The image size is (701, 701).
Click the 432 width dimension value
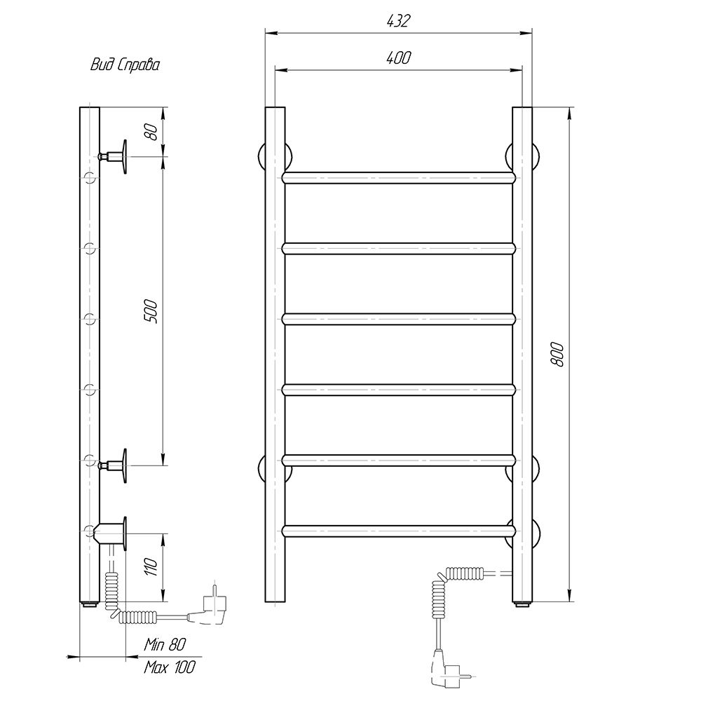(x=398, y=21)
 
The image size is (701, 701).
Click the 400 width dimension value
(x=398, y=57)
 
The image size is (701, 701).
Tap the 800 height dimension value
(x=557, y=355)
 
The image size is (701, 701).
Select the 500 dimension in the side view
(x=151, y=312)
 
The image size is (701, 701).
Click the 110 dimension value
(x=151, y=567)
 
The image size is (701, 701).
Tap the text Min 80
(x=165, y=644)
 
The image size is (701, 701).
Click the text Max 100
(x=170, y=667)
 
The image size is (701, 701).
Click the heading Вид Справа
(x=125, y=65)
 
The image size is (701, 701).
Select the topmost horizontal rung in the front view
(x=399, y=177)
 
